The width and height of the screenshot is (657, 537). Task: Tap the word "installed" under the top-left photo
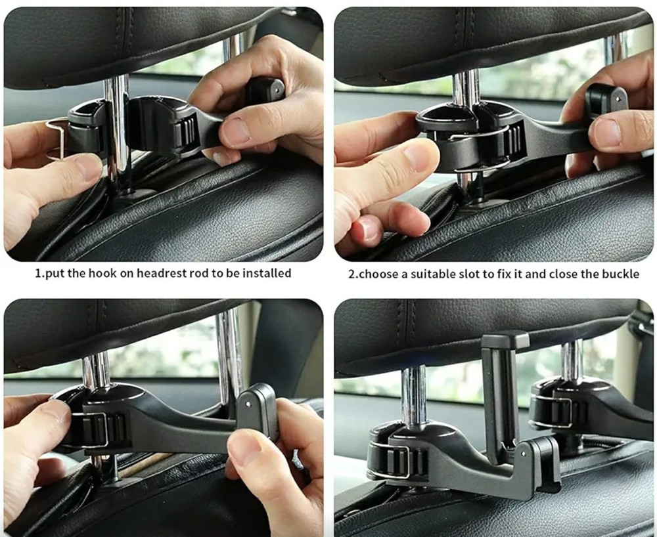pos(266,273)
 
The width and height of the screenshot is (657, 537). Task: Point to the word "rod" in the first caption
pos(195,273)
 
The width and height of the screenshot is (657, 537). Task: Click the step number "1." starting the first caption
pos(39,273)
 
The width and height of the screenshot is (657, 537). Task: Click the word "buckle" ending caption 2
pos(620,274)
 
